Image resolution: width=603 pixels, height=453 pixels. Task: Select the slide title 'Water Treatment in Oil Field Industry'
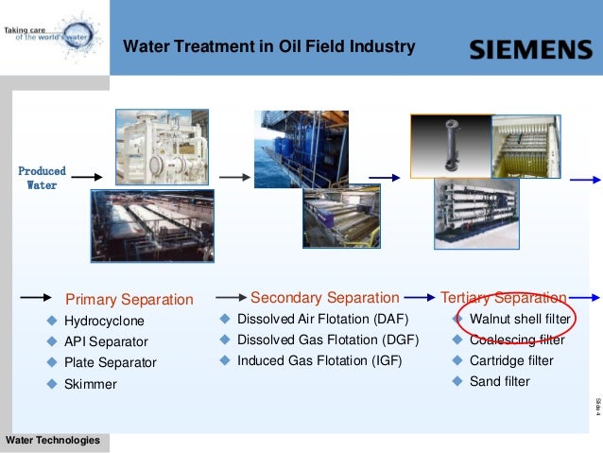269,46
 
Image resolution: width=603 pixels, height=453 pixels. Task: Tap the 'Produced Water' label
42,178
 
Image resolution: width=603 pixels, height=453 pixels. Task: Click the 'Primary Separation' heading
129,300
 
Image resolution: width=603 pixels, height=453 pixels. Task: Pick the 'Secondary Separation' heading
324,298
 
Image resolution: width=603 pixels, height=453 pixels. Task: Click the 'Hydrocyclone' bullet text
104,322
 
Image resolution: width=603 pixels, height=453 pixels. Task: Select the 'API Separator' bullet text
106,341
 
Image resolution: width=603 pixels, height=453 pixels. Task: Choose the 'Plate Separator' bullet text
110,362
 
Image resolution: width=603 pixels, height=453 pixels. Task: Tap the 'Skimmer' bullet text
90,384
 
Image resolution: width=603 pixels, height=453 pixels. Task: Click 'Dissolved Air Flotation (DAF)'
322,319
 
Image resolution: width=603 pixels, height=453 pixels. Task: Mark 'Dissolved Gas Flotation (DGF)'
322,340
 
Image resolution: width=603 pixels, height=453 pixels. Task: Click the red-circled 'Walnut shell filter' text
520,319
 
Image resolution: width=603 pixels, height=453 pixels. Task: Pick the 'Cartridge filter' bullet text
511,360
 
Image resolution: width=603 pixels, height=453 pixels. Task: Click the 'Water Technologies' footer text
52,441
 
